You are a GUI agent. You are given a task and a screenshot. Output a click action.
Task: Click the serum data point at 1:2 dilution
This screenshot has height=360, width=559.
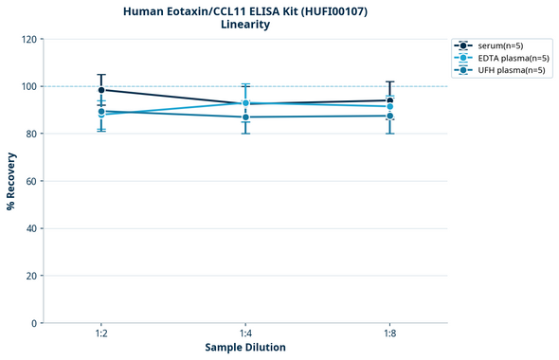coord(101,90)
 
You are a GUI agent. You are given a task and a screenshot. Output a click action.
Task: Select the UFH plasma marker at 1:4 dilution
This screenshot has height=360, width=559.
coord(245,117)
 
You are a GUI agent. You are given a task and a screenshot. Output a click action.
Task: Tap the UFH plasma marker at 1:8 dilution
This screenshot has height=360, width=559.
coord(389,116)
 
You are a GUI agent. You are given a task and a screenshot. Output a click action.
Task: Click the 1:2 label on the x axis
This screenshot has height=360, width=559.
coord(101,334)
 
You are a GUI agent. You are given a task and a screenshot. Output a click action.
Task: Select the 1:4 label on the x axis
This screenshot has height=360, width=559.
coord(245,334)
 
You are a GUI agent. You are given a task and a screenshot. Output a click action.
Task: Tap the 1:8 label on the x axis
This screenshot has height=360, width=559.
coord(389,334)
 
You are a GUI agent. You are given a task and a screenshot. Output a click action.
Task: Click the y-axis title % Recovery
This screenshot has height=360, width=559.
coord(11,181)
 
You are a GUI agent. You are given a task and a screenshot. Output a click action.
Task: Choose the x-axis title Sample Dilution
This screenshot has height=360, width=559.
coord(245,348)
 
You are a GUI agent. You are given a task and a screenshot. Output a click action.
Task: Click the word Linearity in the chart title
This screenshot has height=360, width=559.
coord(245,25)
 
